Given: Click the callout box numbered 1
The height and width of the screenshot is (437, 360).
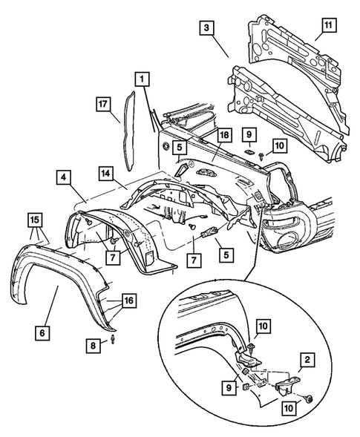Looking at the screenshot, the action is pos(143,79).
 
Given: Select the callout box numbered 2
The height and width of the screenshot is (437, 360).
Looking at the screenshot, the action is pos(307,360).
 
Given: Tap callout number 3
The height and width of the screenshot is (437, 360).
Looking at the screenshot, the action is pos(206,28).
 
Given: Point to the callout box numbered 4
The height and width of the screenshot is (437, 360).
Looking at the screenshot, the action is pos(64,177).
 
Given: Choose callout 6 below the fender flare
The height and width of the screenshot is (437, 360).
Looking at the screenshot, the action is pos(42,333).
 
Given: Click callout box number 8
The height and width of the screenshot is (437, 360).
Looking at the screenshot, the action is pos(93,346).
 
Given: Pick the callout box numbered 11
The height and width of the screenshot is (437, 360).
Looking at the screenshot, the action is pos(329,25).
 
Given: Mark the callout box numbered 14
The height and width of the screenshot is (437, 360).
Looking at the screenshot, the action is pos(105,174).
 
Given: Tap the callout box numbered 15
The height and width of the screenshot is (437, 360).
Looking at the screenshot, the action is pos(35,220).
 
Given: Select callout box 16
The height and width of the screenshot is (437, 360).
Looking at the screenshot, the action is pos(129,300).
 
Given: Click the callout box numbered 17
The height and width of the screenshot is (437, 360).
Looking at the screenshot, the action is pos(103,104).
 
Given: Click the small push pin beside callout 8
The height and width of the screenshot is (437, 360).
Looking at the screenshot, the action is pos(114,338).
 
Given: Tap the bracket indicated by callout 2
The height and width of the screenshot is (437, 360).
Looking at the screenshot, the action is pos(287,384).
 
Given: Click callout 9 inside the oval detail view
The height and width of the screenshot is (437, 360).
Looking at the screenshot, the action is pos(229,388).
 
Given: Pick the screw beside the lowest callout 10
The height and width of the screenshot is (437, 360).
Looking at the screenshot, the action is pos(309,400).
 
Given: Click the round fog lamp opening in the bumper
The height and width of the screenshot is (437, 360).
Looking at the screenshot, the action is pos(287,236).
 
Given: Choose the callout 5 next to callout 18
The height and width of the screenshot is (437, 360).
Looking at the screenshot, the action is pos(180,148).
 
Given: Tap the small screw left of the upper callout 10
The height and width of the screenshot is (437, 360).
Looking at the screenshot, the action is pos(261,156).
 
